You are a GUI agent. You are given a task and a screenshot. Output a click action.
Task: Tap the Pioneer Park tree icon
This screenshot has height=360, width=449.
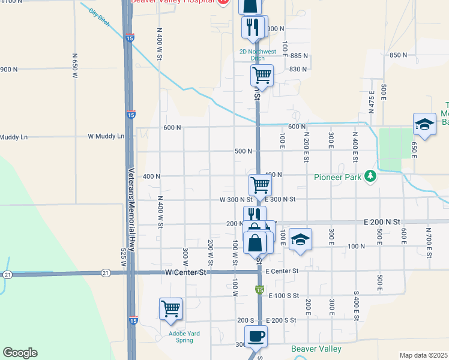(x=371, y=176)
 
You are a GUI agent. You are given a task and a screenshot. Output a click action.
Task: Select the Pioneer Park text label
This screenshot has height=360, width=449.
(x=337, y=176)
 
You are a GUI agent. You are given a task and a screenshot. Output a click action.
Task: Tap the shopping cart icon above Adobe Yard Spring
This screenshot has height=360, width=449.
(x=171, y=308)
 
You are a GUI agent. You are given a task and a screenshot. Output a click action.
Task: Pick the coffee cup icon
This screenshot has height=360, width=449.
(x=256, y=336)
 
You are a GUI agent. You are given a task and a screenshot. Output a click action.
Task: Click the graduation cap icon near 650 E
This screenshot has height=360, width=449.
(x=424, y=124)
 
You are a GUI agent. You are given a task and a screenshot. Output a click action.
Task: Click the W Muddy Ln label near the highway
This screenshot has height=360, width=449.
(x=106, y=136)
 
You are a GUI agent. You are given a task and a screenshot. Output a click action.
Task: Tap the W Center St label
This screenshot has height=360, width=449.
(x=185, y=272)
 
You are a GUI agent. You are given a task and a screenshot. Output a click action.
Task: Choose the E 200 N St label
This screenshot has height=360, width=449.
(x=382, y=222)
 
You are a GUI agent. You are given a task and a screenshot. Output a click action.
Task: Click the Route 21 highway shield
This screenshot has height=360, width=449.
(x=7, y=274)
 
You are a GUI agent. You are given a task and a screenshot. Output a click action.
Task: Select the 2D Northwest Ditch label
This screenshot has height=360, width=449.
(x=252, y=55)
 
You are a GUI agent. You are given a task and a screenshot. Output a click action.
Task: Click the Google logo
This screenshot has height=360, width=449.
(x=20, y=353)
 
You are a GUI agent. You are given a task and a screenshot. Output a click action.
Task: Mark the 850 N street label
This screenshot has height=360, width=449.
(x=398, y=55)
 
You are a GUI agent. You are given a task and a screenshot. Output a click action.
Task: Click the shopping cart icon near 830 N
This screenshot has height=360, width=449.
(x=262, y=75)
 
